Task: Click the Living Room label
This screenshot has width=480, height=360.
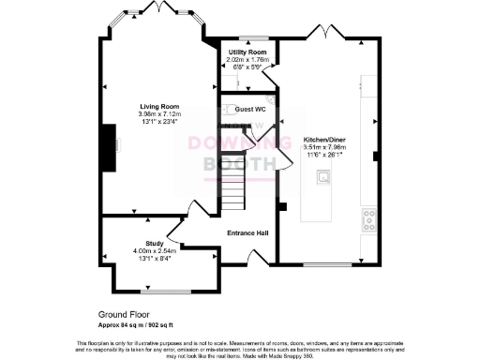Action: [x=160, y=107]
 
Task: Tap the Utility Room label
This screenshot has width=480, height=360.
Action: [x=247, y=52]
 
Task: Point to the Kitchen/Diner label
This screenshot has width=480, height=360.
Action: [x=325, y=140]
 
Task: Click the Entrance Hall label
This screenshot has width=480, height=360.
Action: [x=248, y=232]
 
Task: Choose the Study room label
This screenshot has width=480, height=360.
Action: [x=155, y=244]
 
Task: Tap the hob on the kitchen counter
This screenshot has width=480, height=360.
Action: [x=368, y=219]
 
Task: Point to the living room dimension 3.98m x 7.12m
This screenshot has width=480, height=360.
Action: [x=160, y=114]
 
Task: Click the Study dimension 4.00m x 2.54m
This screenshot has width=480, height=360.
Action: [x=155, y=250]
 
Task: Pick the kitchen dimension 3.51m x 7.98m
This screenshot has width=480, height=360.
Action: [x=325, y=147]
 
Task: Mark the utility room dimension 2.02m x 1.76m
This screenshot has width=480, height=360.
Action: [x=247, y=59]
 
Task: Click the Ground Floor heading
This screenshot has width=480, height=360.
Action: [x=123, y=315]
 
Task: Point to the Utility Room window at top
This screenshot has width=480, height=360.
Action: [x=248, y=37]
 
